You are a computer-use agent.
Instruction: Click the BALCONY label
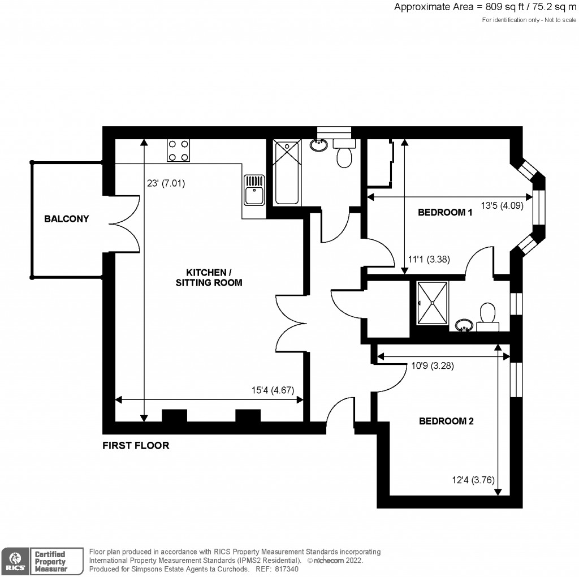pos(67,219)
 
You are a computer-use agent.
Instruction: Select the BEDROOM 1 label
pos(444,213)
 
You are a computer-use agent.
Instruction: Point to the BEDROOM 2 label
pos(446,421)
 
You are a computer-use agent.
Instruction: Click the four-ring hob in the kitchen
pos(178,150)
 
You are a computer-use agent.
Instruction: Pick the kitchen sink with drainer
pos(253,190)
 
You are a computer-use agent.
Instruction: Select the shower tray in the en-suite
pos(432,303)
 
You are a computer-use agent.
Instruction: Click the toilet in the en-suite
pos(487,317)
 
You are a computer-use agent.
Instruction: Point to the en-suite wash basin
pos(464,325)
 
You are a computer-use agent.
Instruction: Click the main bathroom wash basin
pos(318,146)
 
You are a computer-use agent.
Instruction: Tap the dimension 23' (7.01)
pos(166,183)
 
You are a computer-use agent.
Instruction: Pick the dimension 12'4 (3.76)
pos(473,480)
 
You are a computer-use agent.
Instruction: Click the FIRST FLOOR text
pos(136,445)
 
